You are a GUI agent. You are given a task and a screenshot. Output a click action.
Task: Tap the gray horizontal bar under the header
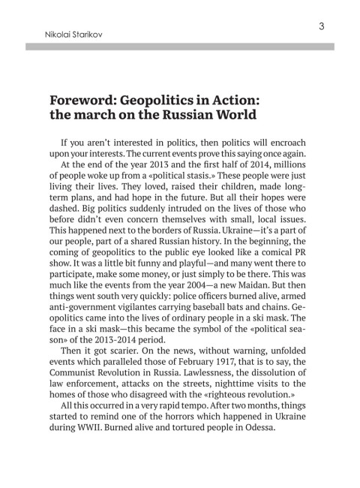[x=180, y=47]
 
